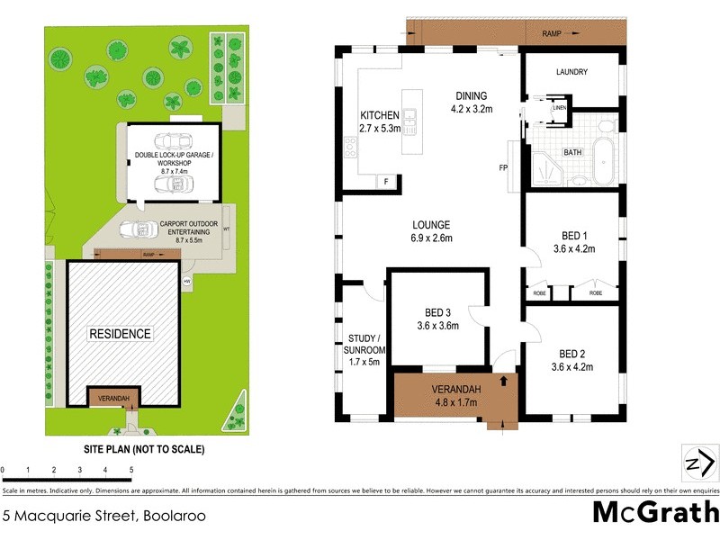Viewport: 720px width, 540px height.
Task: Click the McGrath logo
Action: click(655, 512)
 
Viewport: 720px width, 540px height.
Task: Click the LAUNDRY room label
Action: click(571, 72)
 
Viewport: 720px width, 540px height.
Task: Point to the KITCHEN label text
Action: click(379, 116)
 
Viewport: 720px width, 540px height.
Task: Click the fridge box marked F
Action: click(386, 182)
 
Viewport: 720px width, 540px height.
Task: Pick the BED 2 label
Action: click(571, 353)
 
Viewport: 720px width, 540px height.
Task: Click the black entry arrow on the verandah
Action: click(503, 380)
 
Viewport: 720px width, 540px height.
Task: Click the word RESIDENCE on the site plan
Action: click(120, 334)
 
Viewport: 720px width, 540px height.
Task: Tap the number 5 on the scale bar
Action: click(131, 470)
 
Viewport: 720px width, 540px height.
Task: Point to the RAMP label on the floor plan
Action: click(552, 33)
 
